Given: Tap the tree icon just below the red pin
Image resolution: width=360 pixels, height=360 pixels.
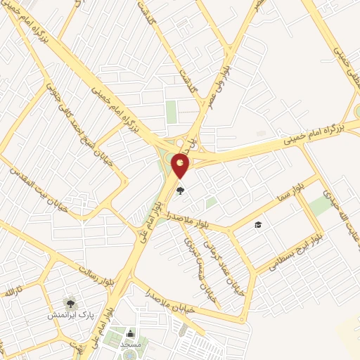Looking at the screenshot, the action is point(181,191).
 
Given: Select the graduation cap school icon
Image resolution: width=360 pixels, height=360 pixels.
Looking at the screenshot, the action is point(258,224).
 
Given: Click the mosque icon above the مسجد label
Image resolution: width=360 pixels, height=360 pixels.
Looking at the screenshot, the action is point(129,333).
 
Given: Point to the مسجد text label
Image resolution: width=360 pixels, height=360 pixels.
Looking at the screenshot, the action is point(130,345).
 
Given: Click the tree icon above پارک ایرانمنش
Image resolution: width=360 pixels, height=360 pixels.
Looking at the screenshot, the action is point(70,302).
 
